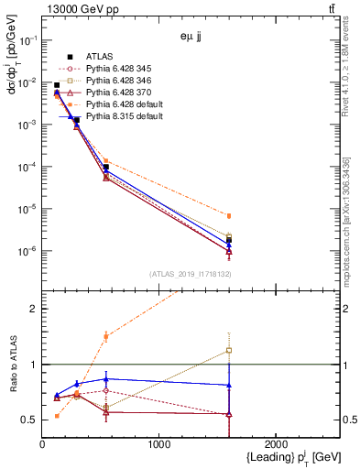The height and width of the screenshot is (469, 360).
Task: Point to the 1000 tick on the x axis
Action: [158, 444]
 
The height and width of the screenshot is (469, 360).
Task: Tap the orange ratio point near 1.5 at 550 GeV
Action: [106, 336]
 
